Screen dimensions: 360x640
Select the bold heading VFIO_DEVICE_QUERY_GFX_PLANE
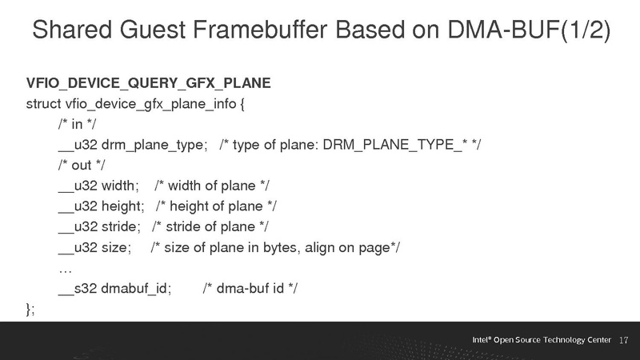click(x=149, y=83)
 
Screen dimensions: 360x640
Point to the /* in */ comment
click(x=78, y=124)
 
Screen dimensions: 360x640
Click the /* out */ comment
click(x=81, y=166)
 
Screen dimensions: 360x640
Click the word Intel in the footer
click(x=480, y=340)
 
